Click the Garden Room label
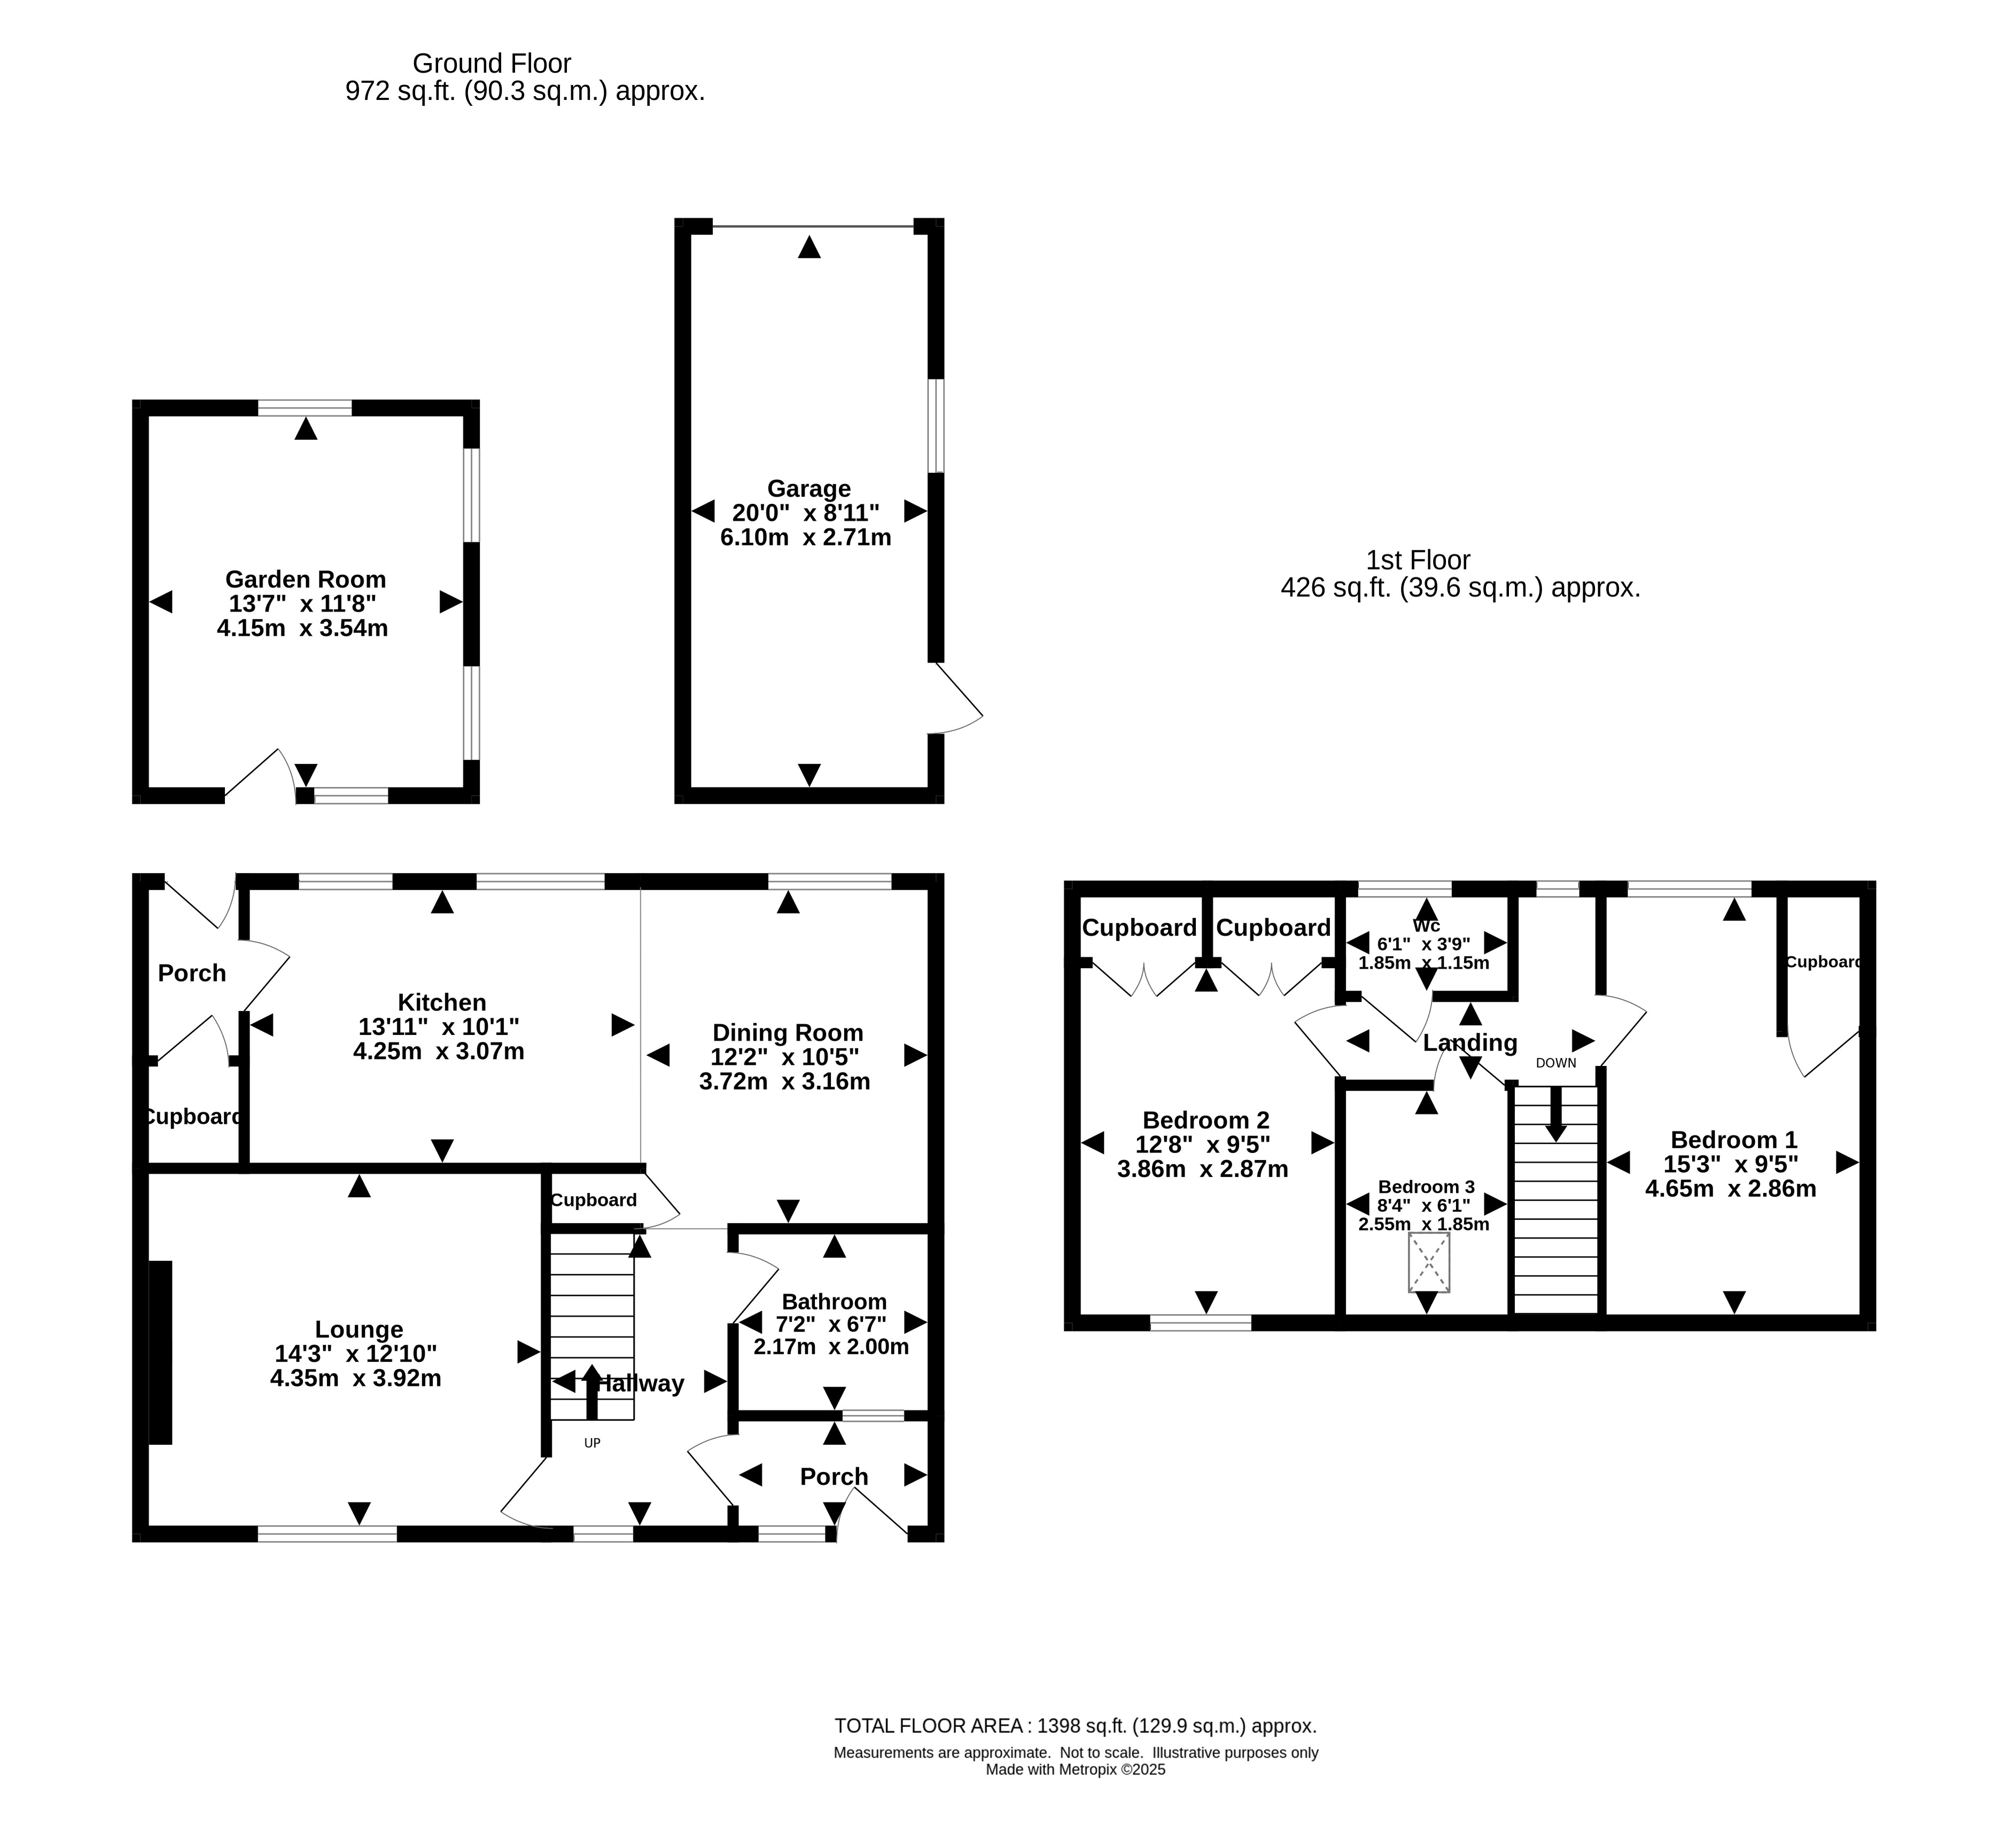click(306, 579)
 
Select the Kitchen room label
click(441, 1002)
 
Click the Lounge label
click(359, 1329)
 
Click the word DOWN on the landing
click(1555, 1063)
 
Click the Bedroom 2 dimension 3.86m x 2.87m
click(1203, 1169)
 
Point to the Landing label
click(1469, 1043)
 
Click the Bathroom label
click(834, 1302)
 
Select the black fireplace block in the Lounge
click(161, 1352)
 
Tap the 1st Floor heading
click(1418, 560)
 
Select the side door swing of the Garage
click(957, 699)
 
